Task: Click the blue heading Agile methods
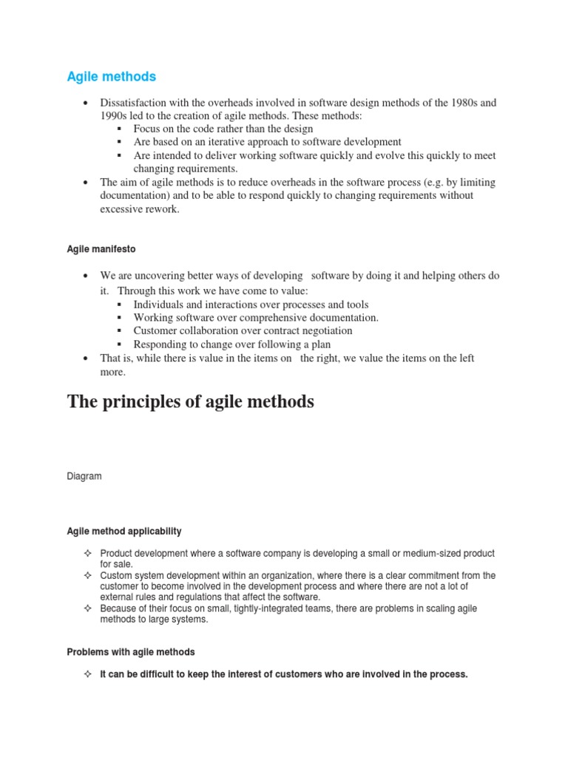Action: click(112, 76)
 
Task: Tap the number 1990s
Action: click(115, 116)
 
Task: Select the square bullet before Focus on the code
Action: click(120, 129)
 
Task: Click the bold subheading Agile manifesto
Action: click(102, 250)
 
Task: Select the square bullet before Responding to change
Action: click(120, 345)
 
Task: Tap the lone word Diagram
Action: click(84, 477)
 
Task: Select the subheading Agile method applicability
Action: click(124, 532)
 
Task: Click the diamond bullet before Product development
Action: click(87, 554)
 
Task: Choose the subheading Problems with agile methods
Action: click(131, 652)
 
